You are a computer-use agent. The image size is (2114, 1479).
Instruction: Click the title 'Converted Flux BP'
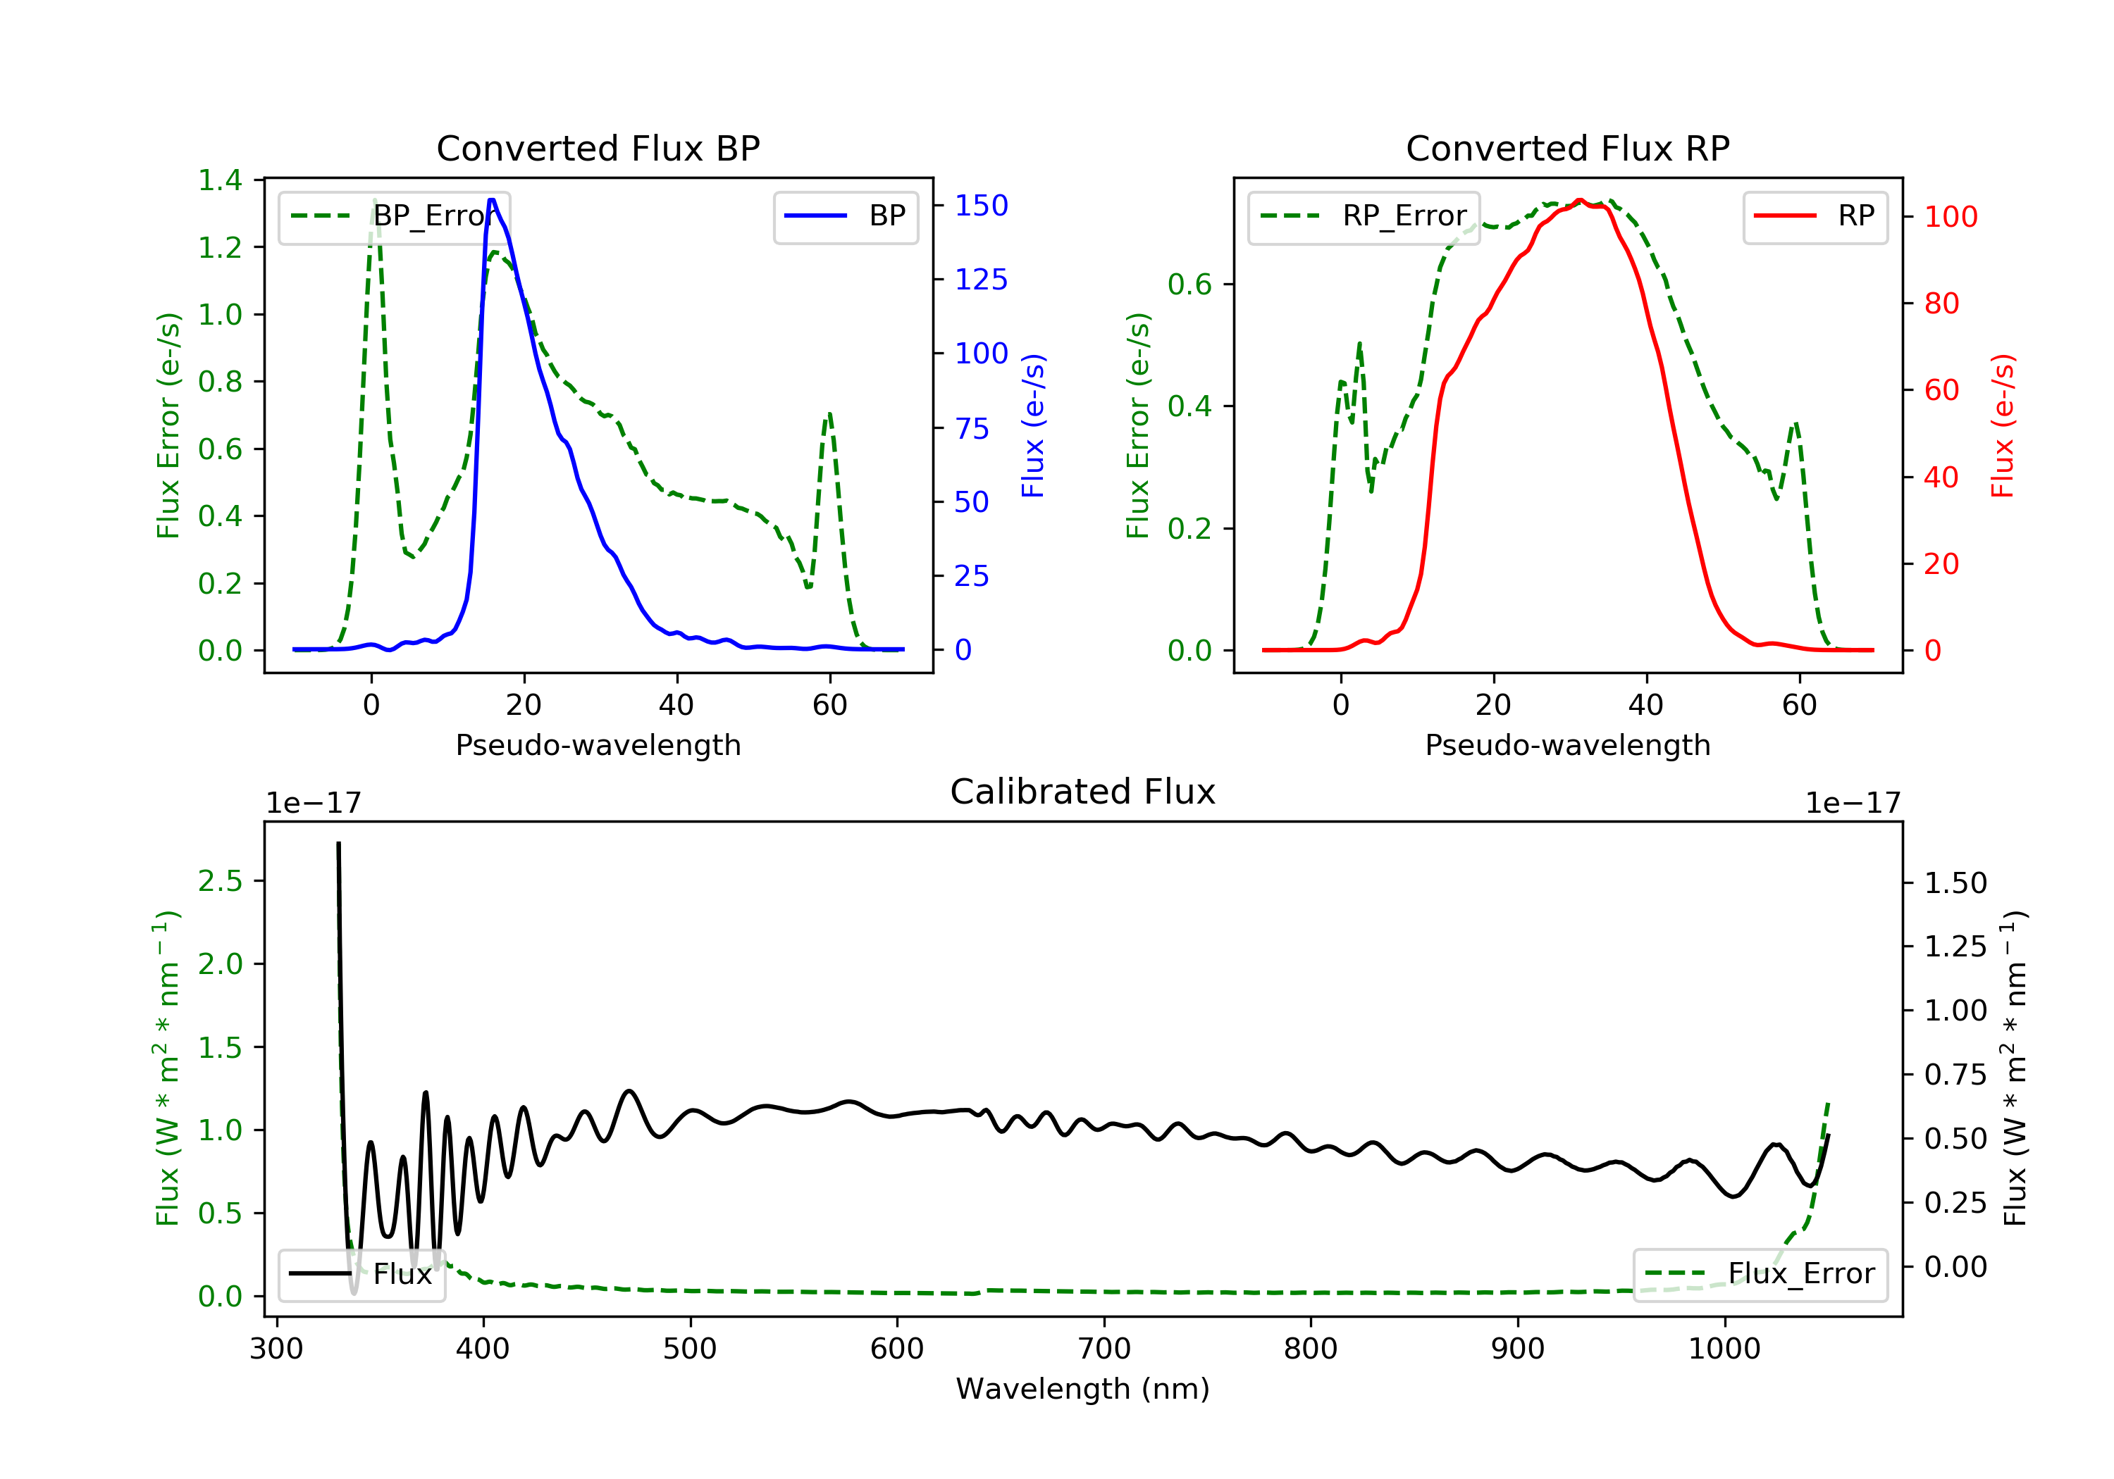[x=598, y=148]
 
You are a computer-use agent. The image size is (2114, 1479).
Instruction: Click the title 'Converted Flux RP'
[x=1567, y=148]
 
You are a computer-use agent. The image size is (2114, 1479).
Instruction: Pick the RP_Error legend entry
[x=1364, y=216]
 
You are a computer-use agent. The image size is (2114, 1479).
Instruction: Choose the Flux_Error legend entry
[x=1760, y=1274]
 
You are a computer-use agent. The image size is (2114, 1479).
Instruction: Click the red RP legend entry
[x=1815, y=216]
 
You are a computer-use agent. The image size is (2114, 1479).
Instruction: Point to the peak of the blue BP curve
[x=492, y=200]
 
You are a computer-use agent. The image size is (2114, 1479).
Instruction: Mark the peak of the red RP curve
[x=1580, y=200]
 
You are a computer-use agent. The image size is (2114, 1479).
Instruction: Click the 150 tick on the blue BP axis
[x=981, y=205]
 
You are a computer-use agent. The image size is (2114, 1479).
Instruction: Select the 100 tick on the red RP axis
[x=1950, y=217]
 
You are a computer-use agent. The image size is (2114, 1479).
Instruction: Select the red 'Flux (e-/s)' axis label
[x=2003, y=426]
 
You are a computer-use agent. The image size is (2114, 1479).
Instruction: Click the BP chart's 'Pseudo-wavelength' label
[x=598, y=744]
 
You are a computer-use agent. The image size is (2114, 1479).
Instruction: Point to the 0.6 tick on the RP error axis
[x=1189, y=285]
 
